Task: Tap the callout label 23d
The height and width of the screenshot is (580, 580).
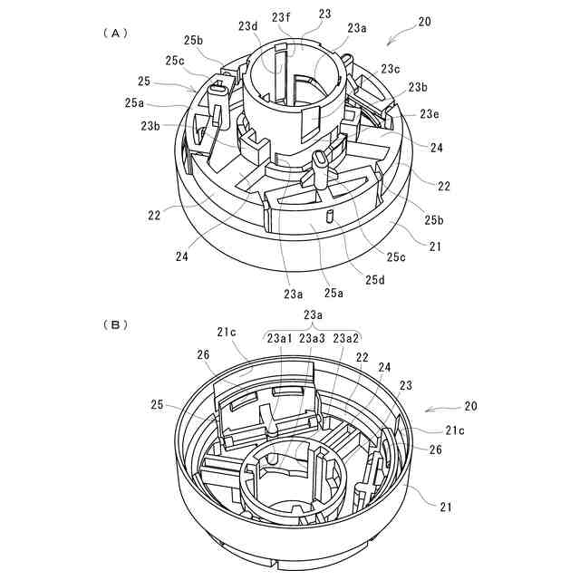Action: (x=248, y=27)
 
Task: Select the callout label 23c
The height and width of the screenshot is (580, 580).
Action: (x=391, y=69)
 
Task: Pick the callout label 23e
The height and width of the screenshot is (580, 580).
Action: (x=430, y=114)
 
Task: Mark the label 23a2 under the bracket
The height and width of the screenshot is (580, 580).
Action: (x=346, y=338)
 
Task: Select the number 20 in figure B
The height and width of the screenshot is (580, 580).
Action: (x=470, y=407)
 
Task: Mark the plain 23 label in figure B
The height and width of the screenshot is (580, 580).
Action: (x=405, y=385)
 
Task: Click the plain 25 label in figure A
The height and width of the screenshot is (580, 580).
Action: (x=144, y=82)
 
